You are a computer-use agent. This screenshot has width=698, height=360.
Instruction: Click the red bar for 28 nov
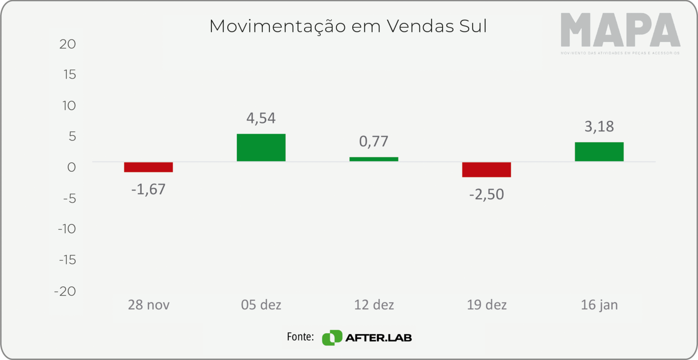148,167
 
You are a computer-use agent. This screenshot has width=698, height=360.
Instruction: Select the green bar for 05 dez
261,148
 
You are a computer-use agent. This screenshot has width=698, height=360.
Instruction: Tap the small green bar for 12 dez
374,159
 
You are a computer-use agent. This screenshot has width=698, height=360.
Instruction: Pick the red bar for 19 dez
486,170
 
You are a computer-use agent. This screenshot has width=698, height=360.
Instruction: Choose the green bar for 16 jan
599,152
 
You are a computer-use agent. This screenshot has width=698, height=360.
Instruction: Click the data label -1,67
148,189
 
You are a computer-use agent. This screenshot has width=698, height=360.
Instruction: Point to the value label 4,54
261,118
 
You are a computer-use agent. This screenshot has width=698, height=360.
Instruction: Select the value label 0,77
374,141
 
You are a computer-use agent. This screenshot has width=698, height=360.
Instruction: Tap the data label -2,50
486,195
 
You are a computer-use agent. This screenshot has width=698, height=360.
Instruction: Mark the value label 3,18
599,126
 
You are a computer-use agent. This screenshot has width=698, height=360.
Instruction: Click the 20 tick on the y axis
67,44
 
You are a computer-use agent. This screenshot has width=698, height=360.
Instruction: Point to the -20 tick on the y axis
65,291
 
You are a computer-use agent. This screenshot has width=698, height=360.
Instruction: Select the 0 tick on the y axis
71,167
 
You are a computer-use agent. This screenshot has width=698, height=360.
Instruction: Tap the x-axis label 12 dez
374,305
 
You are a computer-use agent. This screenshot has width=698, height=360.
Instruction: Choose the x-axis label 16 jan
599,305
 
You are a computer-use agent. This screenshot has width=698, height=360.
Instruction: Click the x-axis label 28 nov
148,305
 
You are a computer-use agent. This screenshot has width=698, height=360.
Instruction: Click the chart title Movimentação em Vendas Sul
348,26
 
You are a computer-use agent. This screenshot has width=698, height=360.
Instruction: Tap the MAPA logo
620,30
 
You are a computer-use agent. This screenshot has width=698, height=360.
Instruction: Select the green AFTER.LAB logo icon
332,337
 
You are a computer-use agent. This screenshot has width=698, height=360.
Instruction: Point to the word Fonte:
300,337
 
